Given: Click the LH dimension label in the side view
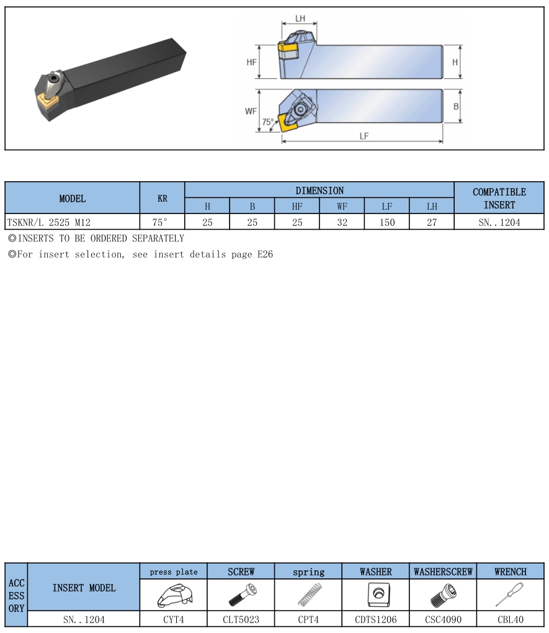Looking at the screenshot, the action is point(300,19).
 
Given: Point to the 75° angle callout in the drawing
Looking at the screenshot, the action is point(267,122).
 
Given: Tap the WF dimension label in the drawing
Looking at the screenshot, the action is point(251,111).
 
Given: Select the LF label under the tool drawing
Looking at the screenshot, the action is point(364,136).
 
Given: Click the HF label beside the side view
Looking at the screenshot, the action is point(251,62).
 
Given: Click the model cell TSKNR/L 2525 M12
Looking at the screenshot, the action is point(49,222).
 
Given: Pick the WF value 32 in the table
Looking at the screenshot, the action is point(342,222).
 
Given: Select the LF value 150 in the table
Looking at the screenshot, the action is point(386,222).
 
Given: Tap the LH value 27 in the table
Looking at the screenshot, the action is point(432,222).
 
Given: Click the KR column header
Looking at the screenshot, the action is point(163,198).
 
